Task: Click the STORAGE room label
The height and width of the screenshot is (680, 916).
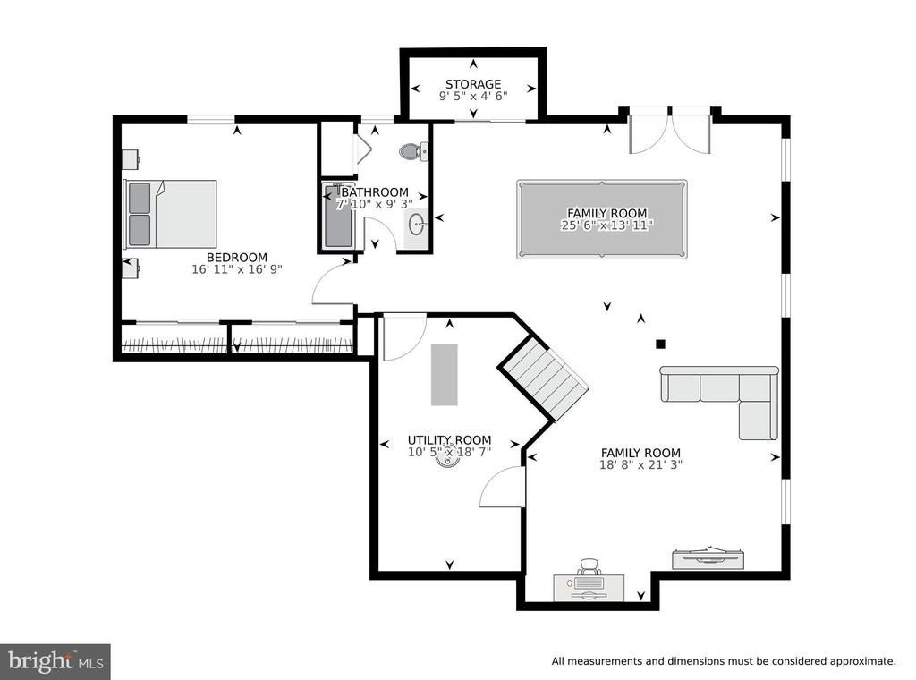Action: point(473,84)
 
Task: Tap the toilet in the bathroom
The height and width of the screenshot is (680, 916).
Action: point(414,152)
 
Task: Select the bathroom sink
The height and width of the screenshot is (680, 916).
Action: point(417,224)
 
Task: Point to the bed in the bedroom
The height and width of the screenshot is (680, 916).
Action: point(170,214)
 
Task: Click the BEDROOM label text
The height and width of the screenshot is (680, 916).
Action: point(237,257)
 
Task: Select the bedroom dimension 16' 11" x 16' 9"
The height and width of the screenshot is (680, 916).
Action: point(237,269)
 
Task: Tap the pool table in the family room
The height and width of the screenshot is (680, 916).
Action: point(602,219)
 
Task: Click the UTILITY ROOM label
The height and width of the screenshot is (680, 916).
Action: point(449,440)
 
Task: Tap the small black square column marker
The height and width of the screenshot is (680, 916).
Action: point(661,344)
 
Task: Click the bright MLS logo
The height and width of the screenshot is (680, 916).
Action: point(55,661)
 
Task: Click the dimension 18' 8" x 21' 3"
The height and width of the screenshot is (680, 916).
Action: point(640,465)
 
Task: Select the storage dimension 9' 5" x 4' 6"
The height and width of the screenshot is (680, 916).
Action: point(473,96)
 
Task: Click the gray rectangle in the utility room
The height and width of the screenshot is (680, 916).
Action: point(445,375)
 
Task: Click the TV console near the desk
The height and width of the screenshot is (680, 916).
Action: point(709,558)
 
